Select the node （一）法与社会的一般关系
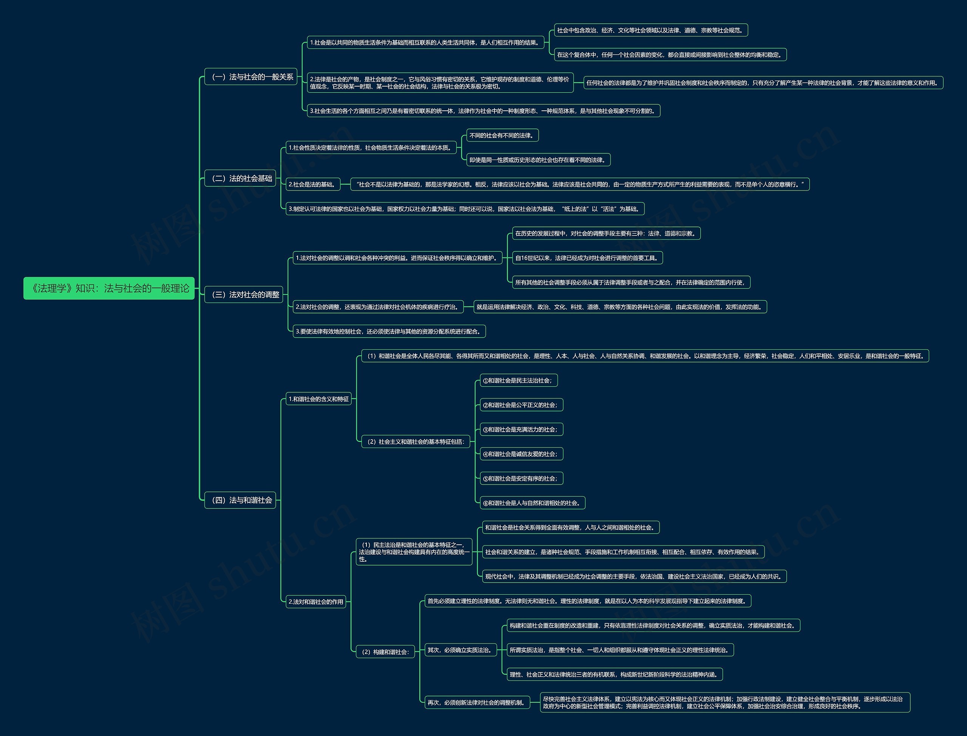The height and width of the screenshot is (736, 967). (x=251, y=77)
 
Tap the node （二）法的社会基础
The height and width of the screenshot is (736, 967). (x=240, y=178)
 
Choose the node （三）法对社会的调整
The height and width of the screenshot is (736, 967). (x=244, y=294)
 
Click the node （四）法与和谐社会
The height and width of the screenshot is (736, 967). (x=240, y=500)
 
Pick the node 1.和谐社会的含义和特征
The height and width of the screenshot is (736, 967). (x=319, y=399)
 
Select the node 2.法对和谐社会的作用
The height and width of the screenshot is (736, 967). (x=316, y=601)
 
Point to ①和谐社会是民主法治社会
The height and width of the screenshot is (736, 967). (x=519, y=380)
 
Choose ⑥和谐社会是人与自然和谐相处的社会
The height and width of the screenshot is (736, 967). (x=532, y=503)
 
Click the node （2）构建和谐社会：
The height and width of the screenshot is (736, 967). (x=385, y=652)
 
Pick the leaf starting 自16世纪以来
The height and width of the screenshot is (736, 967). (x=587, y=257)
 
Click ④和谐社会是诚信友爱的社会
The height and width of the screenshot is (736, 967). (x=521, y=454)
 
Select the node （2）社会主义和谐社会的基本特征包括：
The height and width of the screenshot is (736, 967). (x=416, y=442)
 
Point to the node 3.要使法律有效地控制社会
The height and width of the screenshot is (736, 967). (x=389, y=331)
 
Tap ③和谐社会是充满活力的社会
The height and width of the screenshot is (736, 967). (x=521, y=429)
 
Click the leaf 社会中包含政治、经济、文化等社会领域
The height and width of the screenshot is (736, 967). (x=651, y=30)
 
